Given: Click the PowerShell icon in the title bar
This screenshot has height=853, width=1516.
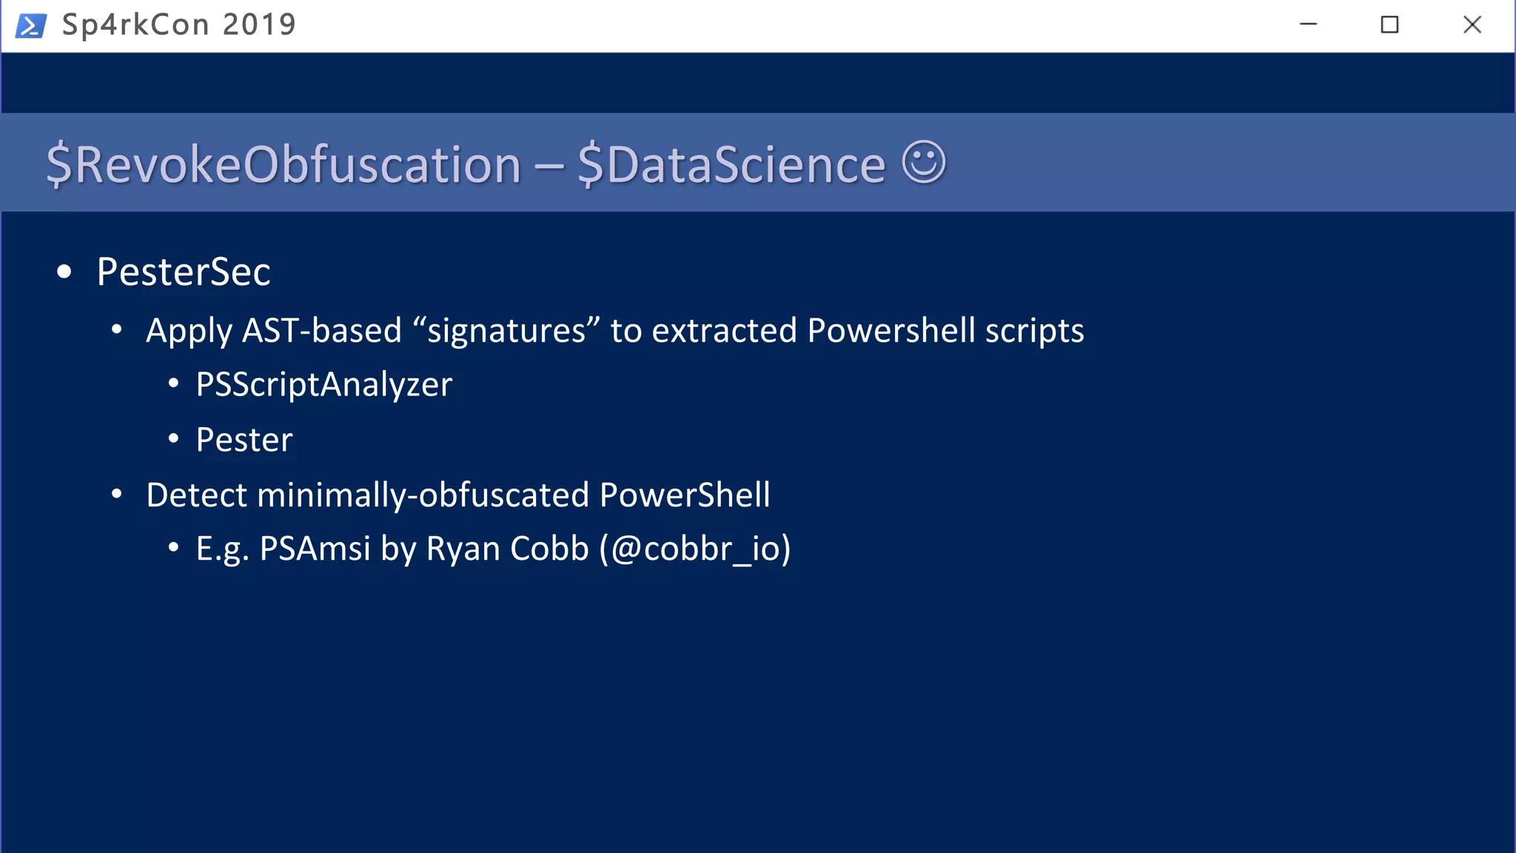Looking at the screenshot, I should tap(31, 25).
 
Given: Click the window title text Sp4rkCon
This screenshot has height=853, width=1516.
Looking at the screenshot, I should tap(135, 25).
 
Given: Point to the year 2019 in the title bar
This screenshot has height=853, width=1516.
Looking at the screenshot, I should tap(259, 25).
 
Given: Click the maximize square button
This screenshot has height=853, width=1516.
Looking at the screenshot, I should tap(1389, 25).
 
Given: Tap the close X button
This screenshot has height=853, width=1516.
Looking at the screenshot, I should tap(1472, 25).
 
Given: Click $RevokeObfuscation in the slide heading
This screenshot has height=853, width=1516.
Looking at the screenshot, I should tap(284, 164).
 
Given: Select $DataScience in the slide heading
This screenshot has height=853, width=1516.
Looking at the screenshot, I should tap(731, 164).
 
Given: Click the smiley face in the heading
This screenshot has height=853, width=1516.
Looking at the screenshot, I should tap(924, 161).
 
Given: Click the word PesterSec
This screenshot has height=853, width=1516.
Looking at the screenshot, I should tap(184, 272).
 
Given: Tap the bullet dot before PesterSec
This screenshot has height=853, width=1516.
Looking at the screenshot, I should tap(64, 272).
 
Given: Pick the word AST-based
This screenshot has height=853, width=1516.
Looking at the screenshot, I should tap(321, 330).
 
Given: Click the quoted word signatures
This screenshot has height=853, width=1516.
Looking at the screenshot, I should tap(506, 330).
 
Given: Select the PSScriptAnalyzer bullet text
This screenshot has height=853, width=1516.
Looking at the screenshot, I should tap(323, 384).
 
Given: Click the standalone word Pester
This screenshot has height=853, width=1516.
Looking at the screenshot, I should tap(244, 440).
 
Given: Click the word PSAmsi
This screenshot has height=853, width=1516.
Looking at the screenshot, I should tap(315, 549).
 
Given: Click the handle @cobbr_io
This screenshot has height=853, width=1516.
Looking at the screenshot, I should tap(694, 549).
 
